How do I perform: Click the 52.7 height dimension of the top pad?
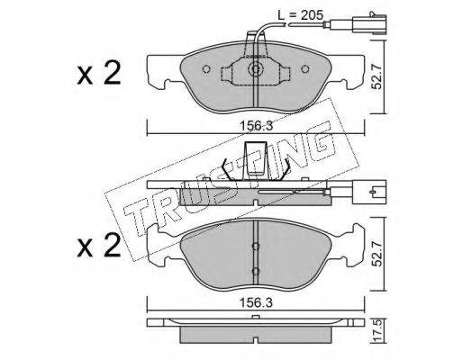(377, 77)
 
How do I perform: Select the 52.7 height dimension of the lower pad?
(377, 254)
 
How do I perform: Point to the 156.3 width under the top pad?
(256, 126)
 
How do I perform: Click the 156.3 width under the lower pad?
(256, 303)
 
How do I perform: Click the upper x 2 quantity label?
(98, 73)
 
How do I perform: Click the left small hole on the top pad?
(206, 69)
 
